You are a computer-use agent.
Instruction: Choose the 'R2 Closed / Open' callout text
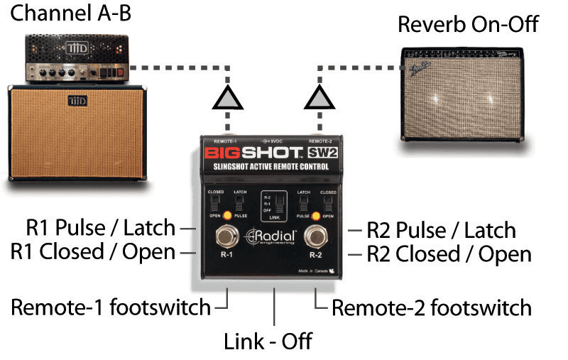tap(449, 253)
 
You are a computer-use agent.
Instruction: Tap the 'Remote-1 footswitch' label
tap(111, 307)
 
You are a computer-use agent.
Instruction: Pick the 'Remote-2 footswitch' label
tap(432, 307)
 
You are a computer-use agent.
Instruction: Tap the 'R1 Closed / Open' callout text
tap(93, 252)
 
